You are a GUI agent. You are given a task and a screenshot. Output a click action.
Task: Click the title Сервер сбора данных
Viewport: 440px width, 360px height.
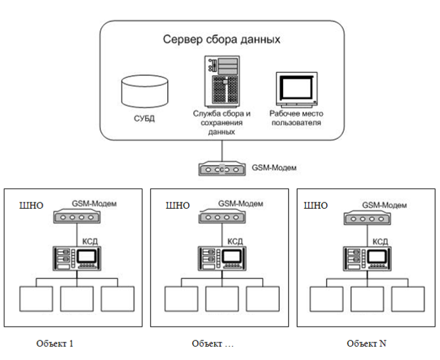tap(222, 40)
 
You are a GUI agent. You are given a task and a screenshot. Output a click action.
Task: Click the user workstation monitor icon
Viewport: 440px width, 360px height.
tap(297, 90)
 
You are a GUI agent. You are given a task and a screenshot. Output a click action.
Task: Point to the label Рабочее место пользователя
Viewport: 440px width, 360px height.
tap(296, 118)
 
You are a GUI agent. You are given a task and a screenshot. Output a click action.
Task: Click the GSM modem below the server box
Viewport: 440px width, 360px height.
tap(221, 170)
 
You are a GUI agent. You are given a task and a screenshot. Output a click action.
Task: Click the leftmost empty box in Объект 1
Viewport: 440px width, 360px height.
tap(37, 298)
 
